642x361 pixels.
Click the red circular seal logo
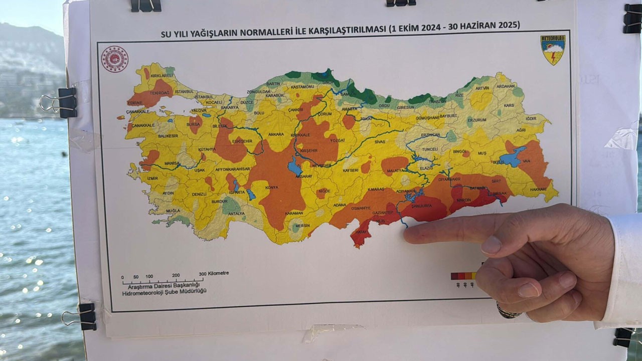tap(115, 59)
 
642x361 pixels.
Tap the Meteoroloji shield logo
tap(553, 50)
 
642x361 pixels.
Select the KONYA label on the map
tap(271, 188)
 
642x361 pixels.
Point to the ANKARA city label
tap(276, 134)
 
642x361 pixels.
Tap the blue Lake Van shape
tap(512, 157)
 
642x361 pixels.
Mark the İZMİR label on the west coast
tap(139, 178)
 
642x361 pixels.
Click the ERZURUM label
tap(476, 120)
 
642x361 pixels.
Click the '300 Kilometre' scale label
tap(214, 273)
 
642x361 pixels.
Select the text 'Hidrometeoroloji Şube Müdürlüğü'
tap(165, 291)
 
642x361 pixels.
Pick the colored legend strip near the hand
tap(463, 276)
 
